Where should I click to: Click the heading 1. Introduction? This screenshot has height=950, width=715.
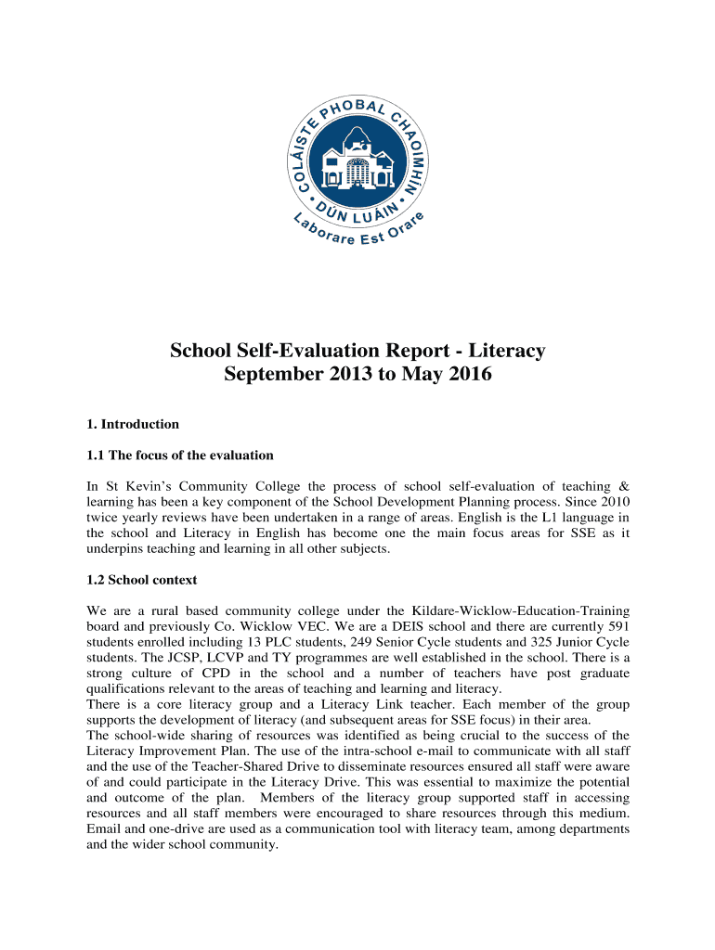(132, 424)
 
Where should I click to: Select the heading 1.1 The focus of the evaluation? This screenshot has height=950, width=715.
(180, 455)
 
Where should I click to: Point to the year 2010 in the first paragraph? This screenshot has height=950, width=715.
(616, 501)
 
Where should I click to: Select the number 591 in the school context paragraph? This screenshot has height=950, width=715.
(617, 626)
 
